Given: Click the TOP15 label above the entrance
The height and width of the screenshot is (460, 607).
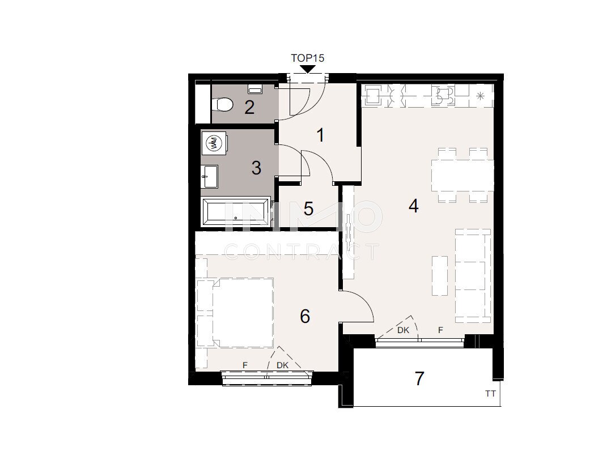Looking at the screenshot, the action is click(307, 58).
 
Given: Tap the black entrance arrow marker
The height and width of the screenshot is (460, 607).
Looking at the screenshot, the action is click(308, 69).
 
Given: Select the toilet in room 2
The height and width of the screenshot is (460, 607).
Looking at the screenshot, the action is click(222, 104).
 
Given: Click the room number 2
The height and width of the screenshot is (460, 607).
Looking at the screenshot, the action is click(249, 107).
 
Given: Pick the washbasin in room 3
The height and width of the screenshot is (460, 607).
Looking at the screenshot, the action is click(210, 176).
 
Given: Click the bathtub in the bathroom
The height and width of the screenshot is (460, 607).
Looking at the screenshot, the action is click(236, 211).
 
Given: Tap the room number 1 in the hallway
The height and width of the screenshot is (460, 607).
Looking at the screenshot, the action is click(320, 135).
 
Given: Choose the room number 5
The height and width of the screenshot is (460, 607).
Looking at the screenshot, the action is click(308, 209).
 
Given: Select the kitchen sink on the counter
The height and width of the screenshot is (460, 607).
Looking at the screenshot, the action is click(373, 95).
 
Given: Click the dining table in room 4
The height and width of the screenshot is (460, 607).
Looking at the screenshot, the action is click(462, 175).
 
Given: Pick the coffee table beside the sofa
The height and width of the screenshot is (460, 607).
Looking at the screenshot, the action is click(440, 275).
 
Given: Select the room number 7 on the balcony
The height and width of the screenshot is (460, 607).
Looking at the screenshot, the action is click(419, 378).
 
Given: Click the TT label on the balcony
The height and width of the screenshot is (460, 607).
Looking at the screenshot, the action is click(490, 394).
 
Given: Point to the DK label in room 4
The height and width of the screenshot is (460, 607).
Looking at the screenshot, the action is click(404, 330).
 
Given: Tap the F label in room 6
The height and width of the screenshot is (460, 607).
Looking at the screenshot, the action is click(245, 365).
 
